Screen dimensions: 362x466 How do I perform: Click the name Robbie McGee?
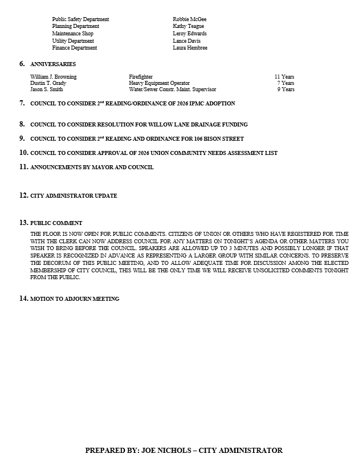pyautogui.click(x=189, y=19)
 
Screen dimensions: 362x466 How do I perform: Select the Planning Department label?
pyautogui.click(x=75, y=26)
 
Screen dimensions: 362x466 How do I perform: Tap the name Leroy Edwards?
pyautogui.click(x=189, y=34)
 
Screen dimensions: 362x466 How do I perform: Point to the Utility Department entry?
pyautogui.click(x=73, y=41)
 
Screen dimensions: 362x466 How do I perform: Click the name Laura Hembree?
pyautogui.click(x=190, y=48)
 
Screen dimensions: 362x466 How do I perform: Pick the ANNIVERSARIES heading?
pyautogui.click(x=52, y=64)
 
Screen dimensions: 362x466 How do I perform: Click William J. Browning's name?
pyautogui.click(x=53, y=77)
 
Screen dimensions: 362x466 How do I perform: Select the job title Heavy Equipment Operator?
pyautogui.click(x=159, y=83)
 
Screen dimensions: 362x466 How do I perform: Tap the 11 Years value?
pyautogui.click(x=284, y=77)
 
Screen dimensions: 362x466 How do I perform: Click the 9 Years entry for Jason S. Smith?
pyautogui.click(x=286, y=89)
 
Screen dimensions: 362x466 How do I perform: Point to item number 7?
pyautogui.click(x=22, y=103)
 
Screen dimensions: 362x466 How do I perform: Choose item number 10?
pyautogui.click(x=23, y=153)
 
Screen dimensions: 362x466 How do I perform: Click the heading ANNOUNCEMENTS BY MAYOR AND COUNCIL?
pyautogui.click(x=91, y=167)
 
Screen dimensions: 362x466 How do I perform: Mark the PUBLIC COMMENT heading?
pyautogui.click(x=56, y=223)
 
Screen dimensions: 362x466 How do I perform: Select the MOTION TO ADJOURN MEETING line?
pyautogui.click(x=74, y=299)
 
